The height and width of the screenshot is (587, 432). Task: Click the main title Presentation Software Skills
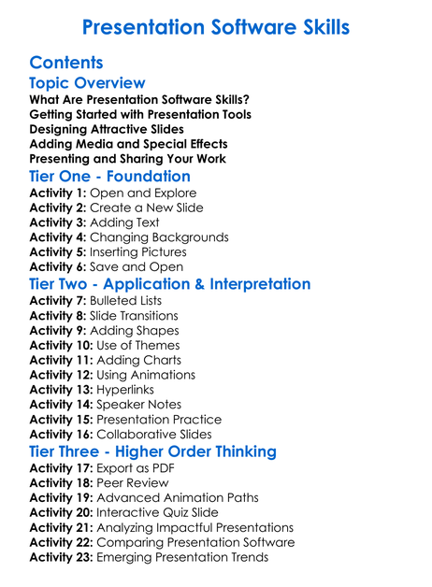216,27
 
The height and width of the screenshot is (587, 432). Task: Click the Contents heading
66,64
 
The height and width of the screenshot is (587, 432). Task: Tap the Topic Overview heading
88,84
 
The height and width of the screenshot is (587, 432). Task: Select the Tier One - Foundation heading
110,176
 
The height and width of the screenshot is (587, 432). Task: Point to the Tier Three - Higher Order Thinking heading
153,451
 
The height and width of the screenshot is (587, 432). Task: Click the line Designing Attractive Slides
107,129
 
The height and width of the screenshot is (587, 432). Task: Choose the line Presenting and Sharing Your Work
127,159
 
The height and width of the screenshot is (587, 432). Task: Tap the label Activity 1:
58,193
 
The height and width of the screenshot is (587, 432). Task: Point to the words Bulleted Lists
125,300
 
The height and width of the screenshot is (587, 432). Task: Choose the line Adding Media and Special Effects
128,144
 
